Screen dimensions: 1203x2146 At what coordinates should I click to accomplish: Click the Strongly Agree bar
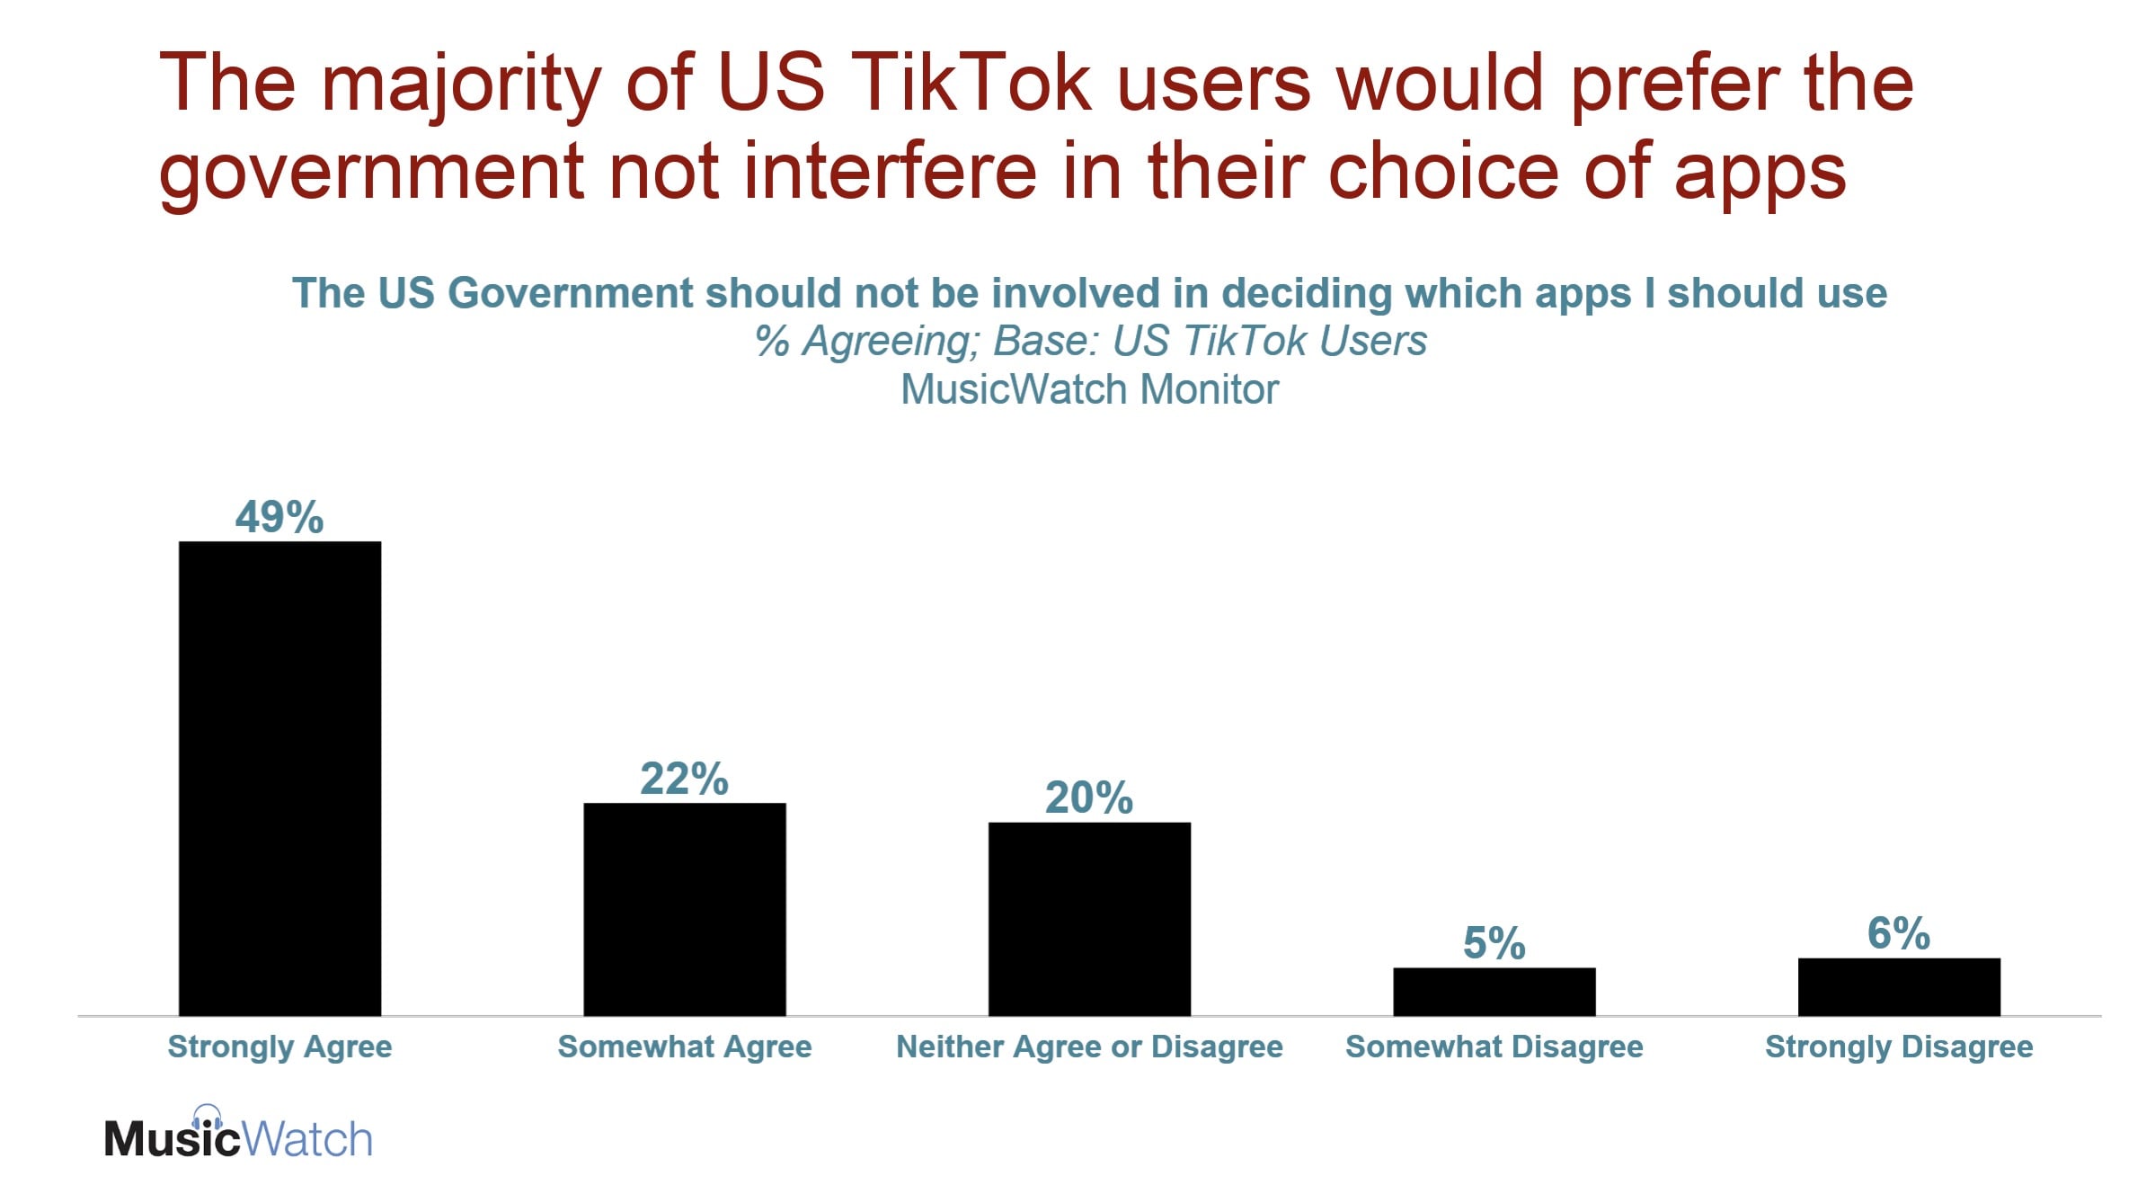(279, 778)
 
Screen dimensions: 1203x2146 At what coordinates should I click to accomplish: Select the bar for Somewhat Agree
(685, 909)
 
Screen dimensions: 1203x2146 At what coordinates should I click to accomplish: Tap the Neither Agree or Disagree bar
(1089, 919)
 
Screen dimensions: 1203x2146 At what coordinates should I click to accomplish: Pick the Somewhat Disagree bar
(1494, 992)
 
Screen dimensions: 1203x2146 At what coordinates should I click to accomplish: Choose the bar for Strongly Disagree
(1899, 986)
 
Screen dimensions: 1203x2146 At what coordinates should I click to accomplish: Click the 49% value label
(279, 517)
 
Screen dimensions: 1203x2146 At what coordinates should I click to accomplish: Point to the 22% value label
(685, 779)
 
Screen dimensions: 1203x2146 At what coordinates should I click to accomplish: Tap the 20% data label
(1089, 798)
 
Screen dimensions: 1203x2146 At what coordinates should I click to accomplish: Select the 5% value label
(1494, 943)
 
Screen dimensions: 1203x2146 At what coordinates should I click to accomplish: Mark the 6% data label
(1898, 933)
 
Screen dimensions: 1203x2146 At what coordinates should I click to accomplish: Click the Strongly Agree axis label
(279, 1047)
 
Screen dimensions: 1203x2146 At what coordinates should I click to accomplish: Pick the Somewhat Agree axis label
(685, 1047)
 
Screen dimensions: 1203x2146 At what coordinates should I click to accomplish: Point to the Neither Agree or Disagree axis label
(1089, 1047)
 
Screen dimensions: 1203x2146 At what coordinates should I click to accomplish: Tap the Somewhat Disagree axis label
(1494, 1047)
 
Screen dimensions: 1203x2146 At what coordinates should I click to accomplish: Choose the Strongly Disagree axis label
(1899, 1047)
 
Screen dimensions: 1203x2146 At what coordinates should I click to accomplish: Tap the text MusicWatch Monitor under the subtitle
(1089, 389)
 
